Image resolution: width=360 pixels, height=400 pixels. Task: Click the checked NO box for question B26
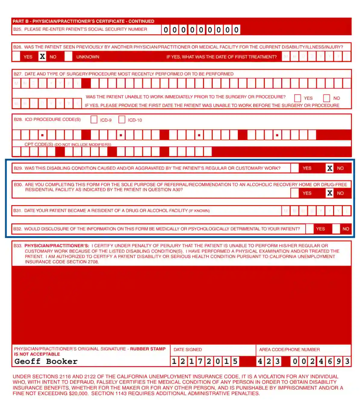42,57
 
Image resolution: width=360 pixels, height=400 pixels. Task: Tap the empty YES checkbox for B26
16,57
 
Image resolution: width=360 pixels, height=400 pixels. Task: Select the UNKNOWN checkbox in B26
69,57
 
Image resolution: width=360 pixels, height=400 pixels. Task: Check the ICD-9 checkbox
94,120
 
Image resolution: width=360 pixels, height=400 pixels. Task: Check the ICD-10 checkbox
122,120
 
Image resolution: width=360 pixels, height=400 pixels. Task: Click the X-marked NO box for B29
330,168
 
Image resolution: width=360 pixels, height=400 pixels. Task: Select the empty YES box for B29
295,168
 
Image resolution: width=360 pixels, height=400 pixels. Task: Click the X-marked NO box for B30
330,193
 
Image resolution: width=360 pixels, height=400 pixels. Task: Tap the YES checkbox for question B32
309,229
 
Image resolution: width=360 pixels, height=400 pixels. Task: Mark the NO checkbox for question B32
336,229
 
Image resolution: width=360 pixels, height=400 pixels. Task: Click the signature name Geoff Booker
46,361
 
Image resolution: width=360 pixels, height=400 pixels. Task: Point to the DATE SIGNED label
188,349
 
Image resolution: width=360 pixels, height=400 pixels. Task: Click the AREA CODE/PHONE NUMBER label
289,349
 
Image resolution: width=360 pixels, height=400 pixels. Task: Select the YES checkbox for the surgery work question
297,98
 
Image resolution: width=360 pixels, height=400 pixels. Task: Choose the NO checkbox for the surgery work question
327,98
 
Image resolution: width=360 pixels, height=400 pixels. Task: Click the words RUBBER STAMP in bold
147,349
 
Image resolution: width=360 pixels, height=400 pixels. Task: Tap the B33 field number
17,246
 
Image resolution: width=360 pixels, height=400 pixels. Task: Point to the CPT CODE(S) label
39,144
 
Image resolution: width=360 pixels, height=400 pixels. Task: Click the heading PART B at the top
20,21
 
